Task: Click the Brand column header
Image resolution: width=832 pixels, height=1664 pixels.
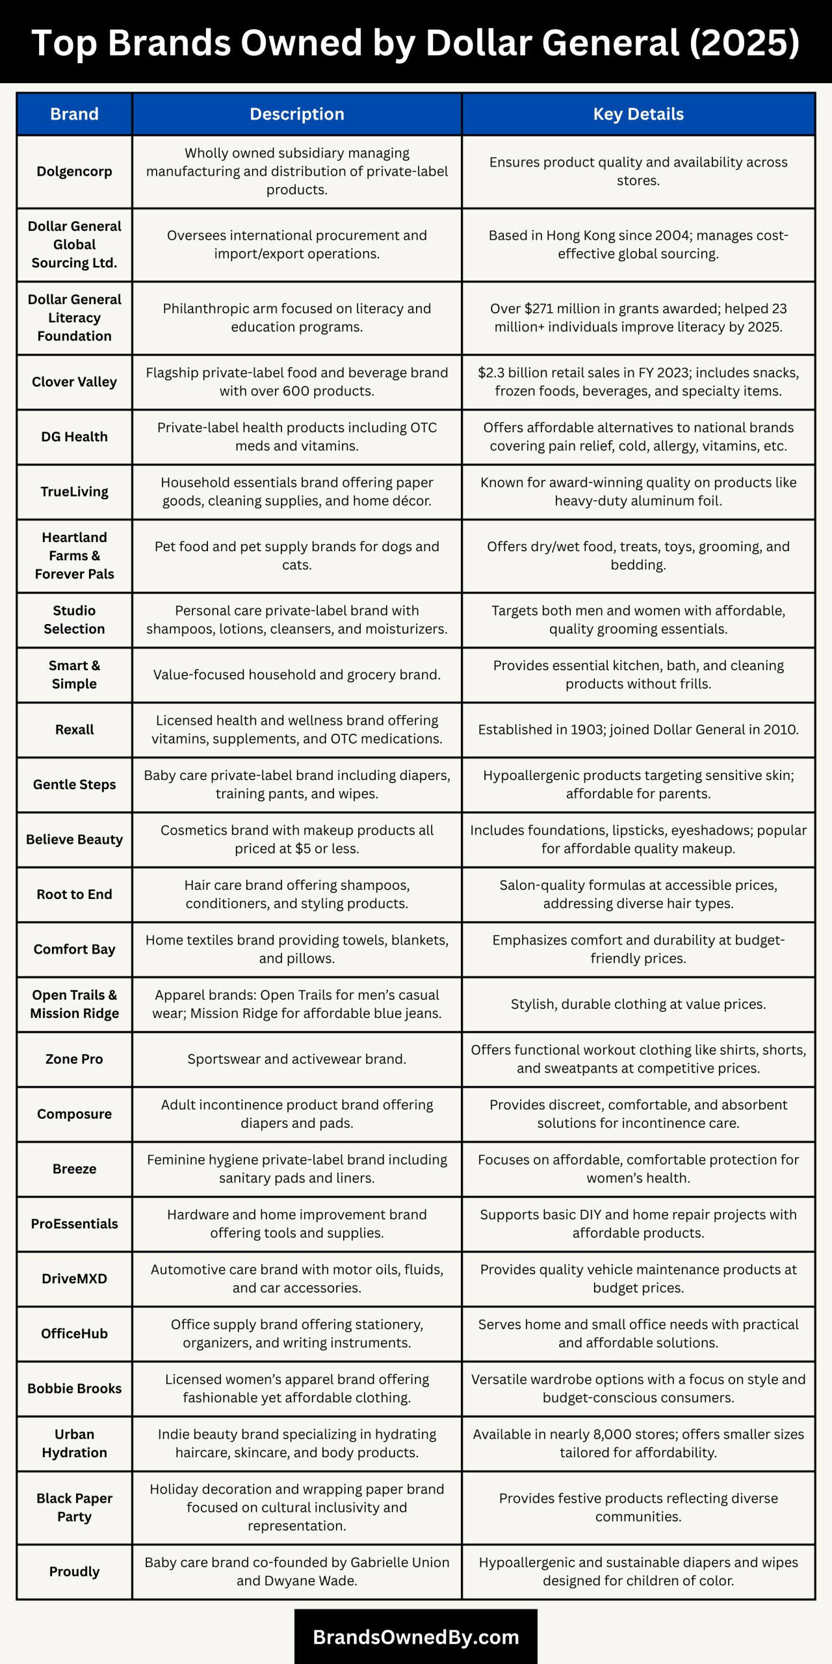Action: (74, 114)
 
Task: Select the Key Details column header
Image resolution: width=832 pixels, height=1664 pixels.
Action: (638, 114)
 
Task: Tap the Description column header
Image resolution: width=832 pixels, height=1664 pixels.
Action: (296, 114)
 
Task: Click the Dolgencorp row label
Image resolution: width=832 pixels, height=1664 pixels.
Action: (74, 172)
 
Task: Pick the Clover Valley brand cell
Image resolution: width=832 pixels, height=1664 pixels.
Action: (74, 382)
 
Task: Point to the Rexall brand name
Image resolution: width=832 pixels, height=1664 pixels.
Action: (74, 730)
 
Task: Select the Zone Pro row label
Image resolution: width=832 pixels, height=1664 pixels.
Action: (74, 1059)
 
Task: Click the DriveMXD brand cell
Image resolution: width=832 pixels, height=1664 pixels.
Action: (74, 1279)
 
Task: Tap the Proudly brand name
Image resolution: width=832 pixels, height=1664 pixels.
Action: (74, 1572)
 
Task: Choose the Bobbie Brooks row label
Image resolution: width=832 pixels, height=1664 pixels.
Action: (74, 1389)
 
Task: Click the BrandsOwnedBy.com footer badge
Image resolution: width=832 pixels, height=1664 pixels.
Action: (415, 1637)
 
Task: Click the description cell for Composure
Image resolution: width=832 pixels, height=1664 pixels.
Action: (296, 1114)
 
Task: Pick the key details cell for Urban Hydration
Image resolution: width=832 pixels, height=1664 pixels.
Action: (638, 1444)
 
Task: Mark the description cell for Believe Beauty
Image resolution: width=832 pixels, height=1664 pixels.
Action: (296, 840)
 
